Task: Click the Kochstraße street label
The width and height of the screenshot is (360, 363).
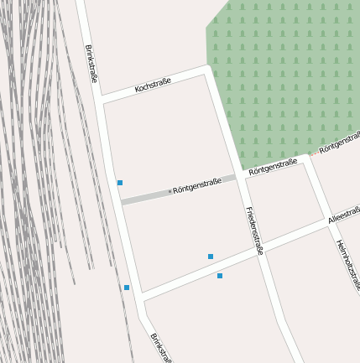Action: [153, 85]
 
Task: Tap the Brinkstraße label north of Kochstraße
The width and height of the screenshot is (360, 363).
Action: [91, 63]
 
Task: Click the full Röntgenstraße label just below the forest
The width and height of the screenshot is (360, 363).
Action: [273, 166]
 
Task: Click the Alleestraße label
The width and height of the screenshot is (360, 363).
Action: [344, 214]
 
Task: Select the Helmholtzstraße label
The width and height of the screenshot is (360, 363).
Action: [347, 264]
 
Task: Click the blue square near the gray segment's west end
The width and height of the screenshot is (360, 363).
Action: [120, 183]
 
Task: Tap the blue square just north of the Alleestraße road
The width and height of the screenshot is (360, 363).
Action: [211, 257]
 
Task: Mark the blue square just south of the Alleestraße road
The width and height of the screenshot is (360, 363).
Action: [220, 276]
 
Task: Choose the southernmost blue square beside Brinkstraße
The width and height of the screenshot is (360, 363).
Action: [127, 288]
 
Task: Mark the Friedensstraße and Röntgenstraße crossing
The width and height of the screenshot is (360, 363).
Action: [241, 176]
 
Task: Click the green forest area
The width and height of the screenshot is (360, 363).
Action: [285, 75]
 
